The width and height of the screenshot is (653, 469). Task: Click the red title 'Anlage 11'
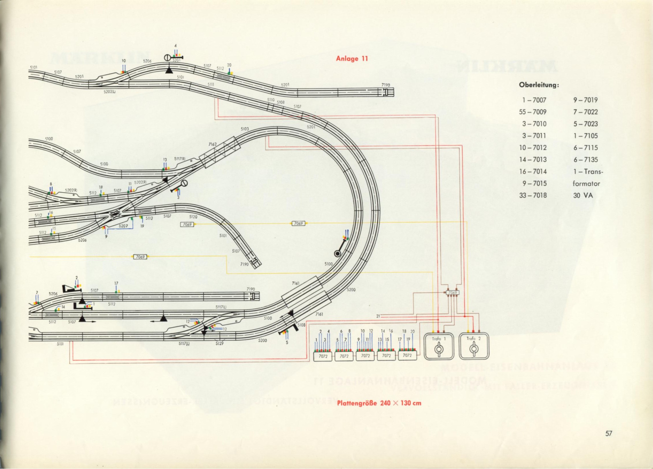pos(352,59)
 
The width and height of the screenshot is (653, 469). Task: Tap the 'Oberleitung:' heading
pos(535,85)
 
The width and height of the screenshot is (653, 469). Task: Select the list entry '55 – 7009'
pos(532,112)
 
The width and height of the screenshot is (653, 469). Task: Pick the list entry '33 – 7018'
pos(532,195)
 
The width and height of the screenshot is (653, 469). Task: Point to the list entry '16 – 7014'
pos(532,171)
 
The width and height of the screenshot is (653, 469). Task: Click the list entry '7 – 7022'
pos(585,112)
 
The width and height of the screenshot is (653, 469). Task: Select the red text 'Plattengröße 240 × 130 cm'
pos(379,403)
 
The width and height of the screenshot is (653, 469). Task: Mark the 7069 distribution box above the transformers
pos(453,293)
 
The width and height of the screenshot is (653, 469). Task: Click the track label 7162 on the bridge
pos(212,144)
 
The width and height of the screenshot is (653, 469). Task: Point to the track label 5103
pos(244,129)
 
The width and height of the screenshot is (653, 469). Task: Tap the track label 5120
pos(193,216)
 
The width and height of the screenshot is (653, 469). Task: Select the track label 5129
pos(219,343)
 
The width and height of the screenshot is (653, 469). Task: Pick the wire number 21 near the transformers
pos(378,316)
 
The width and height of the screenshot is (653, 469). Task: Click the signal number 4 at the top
pos(175,46)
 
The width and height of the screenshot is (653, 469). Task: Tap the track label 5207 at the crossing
pos(123,226)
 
